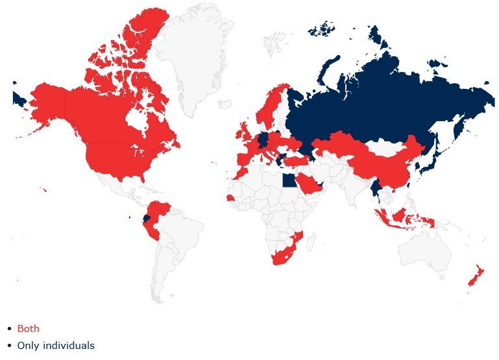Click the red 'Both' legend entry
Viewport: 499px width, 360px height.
pos(28,329)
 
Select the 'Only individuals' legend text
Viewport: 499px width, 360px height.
pos(56,346)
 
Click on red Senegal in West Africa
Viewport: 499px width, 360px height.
pos(230,198)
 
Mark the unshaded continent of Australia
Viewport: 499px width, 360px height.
pos(425,250)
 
